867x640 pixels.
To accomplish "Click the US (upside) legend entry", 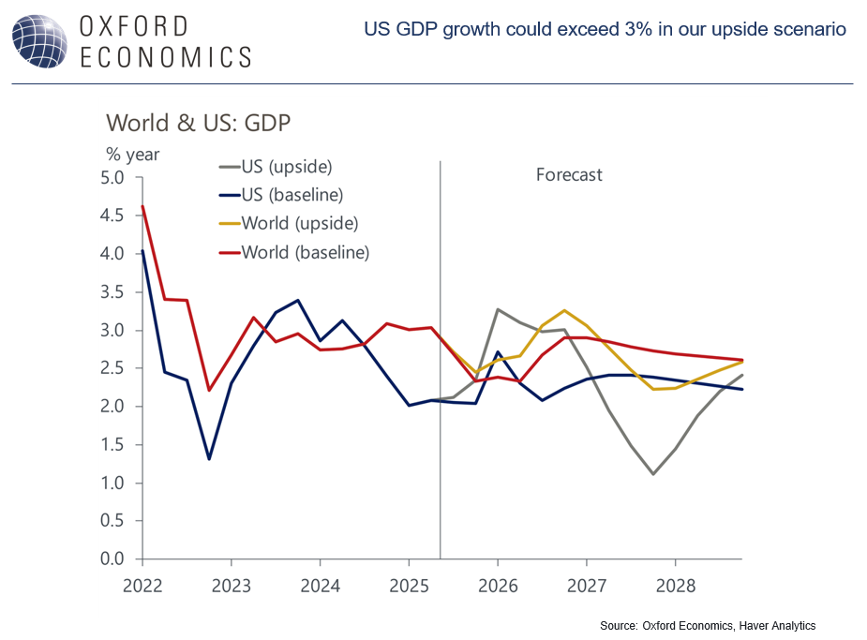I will tap(287, 168).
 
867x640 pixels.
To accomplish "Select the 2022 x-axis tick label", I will tap(142, 585).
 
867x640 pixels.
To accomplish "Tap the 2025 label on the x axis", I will tap(409, 585).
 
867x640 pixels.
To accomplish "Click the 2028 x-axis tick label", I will tap(675, 585).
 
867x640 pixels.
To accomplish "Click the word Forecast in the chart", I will tap(569, 175).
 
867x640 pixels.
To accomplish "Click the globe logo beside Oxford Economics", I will tap(40, 41).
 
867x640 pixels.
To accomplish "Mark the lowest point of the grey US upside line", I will tap(652, 474).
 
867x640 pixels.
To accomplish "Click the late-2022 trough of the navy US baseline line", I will tap(209, 459).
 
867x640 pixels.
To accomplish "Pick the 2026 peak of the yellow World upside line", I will tap(564, 310).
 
